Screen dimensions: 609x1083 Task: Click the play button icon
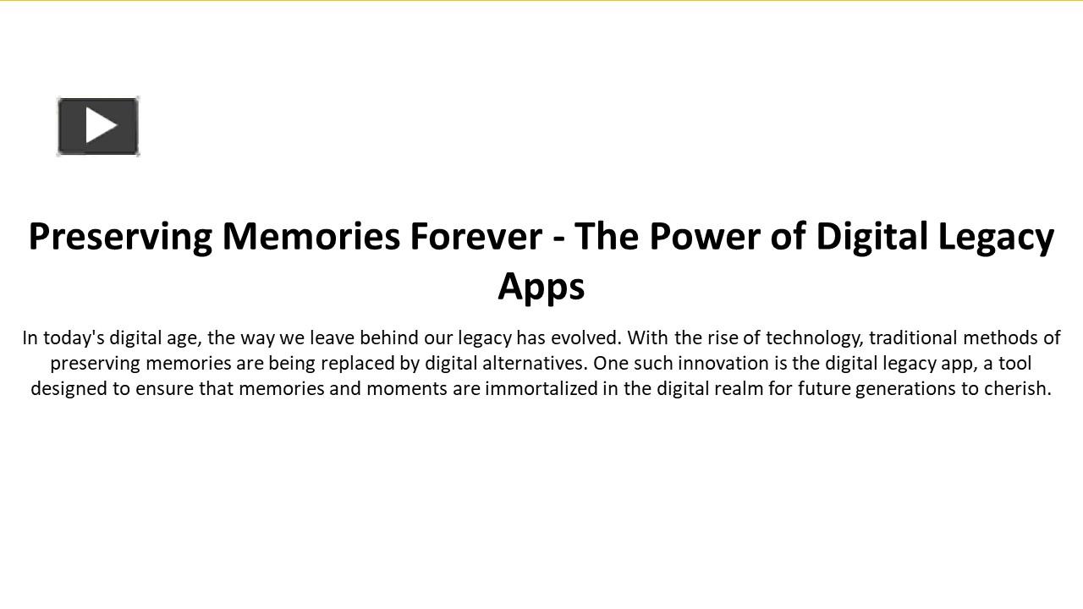(98, 126)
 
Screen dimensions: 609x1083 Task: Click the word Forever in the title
(476, 236)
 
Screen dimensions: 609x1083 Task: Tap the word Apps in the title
(541, 286)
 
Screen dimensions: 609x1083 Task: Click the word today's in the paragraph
(74, 338)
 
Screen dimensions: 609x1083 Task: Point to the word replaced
(359, 364)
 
